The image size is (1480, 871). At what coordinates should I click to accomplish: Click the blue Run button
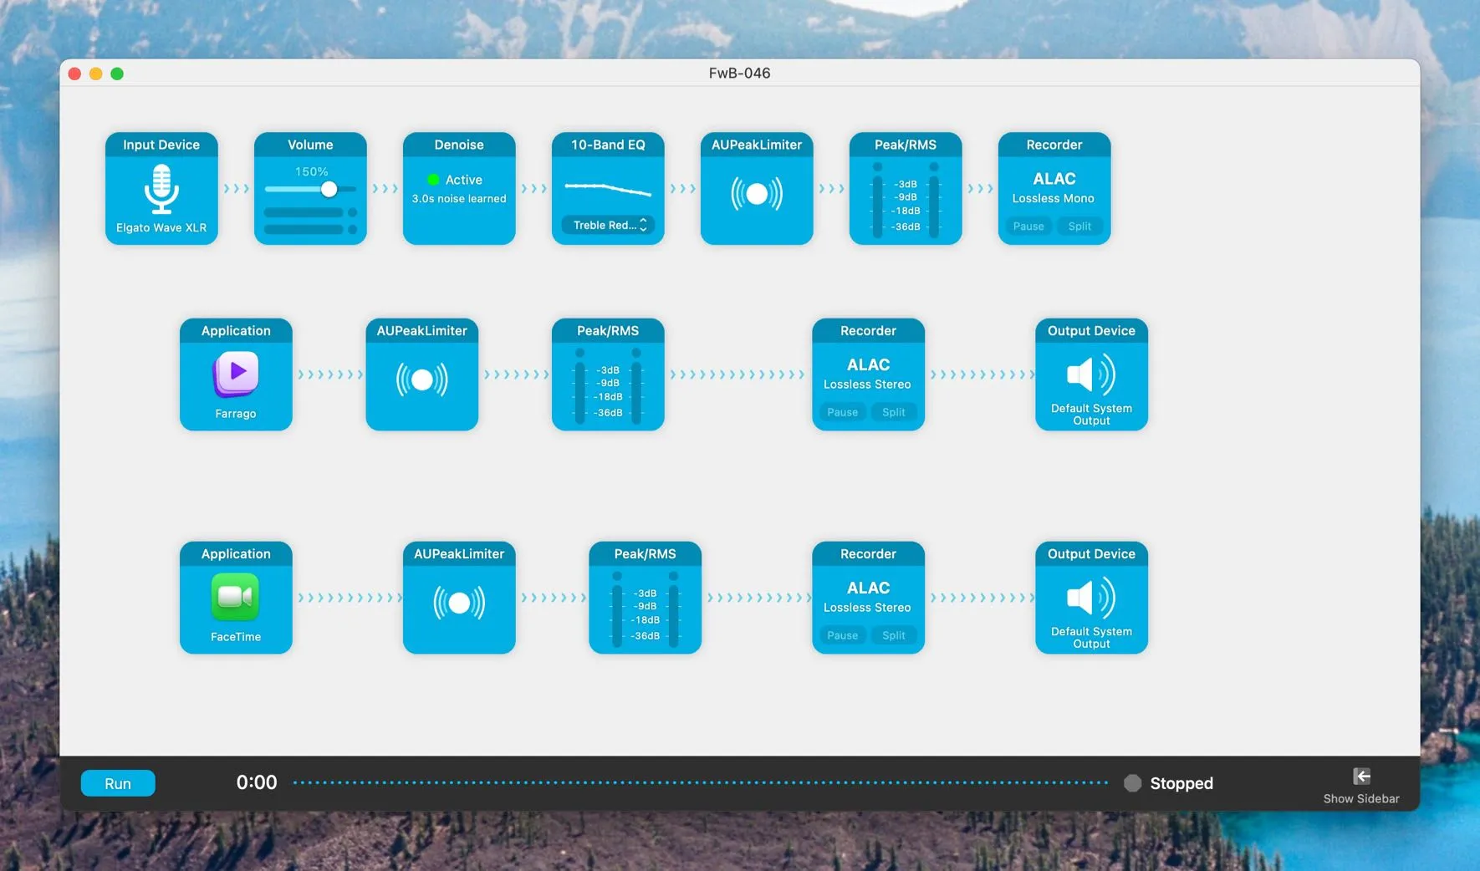click(x=118, y=783)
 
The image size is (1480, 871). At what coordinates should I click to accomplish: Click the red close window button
click(x=74, y=74)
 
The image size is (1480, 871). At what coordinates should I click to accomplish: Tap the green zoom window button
click(x=117, y=74)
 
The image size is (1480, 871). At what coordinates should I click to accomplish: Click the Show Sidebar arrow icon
click(x=1361, y=777)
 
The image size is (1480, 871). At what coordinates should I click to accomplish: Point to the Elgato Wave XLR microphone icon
click(x=161, y=189)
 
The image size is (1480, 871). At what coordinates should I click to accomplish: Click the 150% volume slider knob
click(x=329, y=189)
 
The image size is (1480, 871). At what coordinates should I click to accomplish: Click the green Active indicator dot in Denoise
click(x=433, y=180)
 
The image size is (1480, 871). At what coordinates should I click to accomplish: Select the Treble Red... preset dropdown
click(x=608, y=225)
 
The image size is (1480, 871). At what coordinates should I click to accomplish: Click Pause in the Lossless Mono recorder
click(x=1028, y=227)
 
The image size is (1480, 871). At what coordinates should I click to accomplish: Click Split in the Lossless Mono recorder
click(x=1079, y=227)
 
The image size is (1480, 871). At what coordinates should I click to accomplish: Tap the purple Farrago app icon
click(x=236, y=373)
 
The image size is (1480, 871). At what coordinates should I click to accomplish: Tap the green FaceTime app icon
click(x=236, y=597)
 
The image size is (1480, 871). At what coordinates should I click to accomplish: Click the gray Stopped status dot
click(x=1132, y=783)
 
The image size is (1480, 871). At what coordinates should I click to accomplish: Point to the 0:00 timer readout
click(x=257, y=782)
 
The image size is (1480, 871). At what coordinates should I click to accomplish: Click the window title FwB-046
click(x=739, y=73)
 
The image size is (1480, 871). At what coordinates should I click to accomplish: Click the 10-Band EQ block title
click(x=608, y=145)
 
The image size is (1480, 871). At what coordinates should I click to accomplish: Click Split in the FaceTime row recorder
click(x=893, y=635)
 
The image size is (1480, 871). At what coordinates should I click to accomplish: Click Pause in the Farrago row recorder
click(x=842, y=412)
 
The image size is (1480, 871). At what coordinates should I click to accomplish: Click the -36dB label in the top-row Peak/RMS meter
click(x=906, y=227)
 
